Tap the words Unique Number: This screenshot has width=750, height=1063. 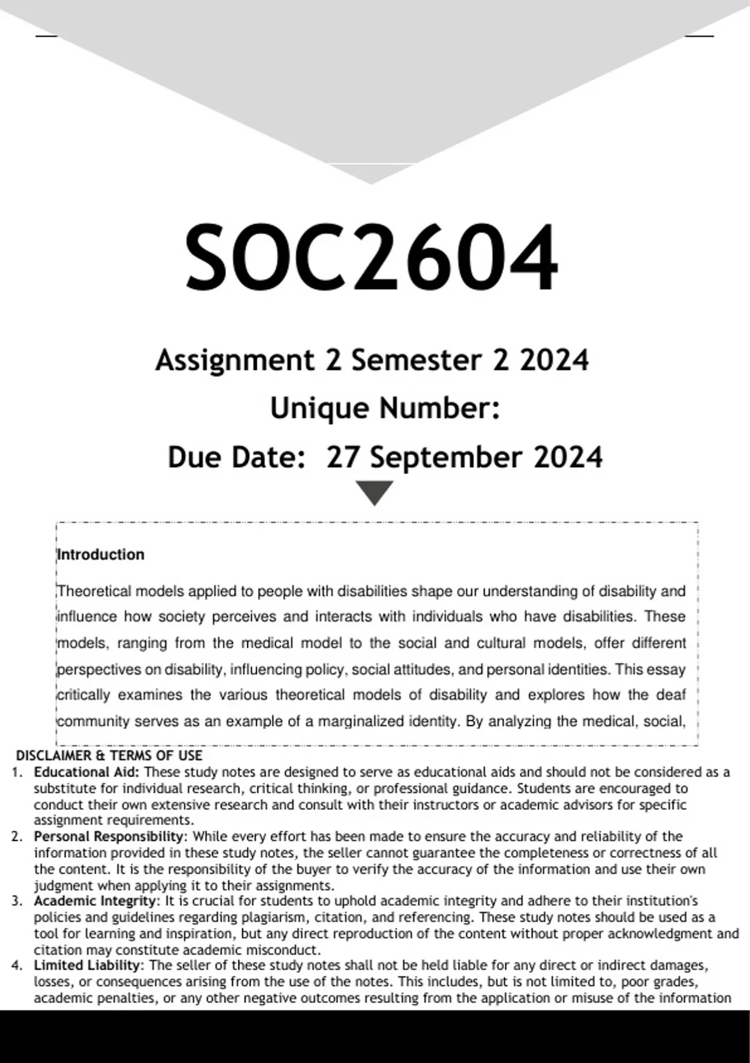[x=384, y=409]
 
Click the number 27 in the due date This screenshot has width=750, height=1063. [x=342, y=457]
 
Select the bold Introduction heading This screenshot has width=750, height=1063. [x=101, y=555]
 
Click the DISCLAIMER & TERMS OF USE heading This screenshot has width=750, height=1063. [x=109, y=756]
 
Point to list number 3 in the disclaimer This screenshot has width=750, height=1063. [x=17, y=901]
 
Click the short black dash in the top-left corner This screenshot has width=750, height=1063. [x=46, y=36]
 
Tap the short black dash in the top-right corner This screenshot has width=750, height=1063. [x=699, y=36]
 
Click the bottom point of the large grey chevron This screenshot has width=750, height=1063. [x=371, y=183]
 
